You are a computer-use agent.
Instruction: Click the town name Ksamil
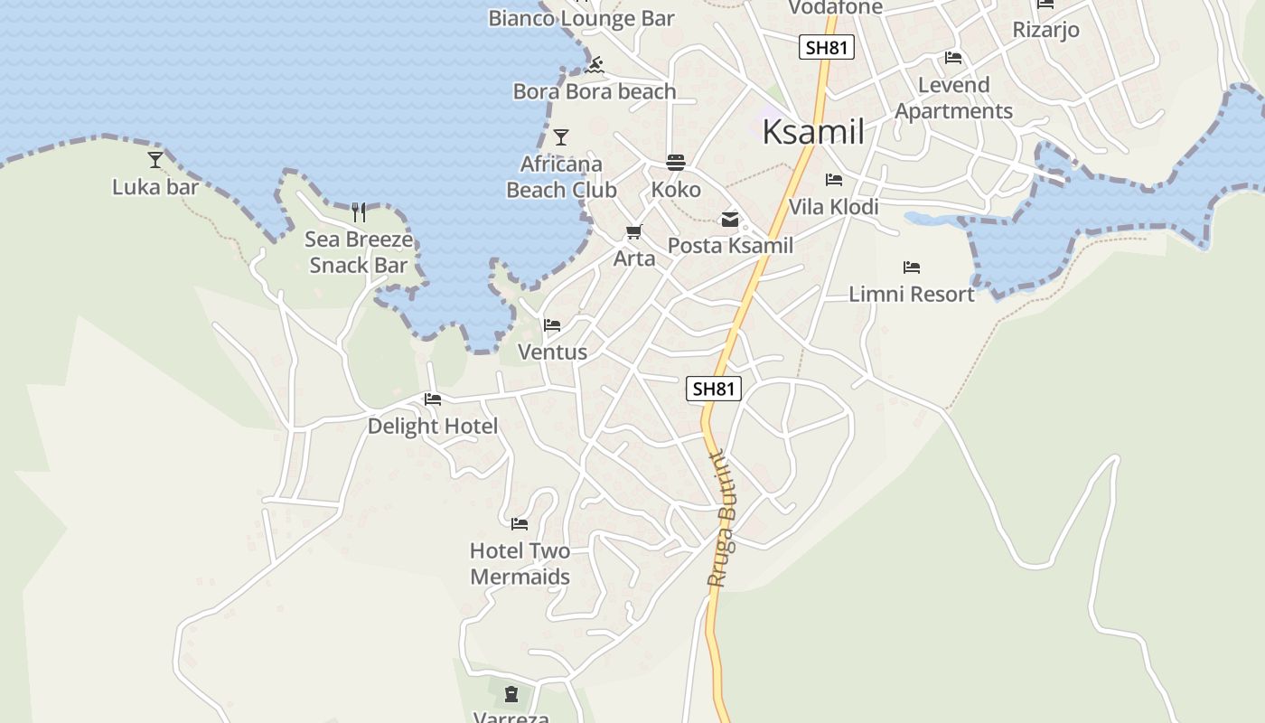point(813,132)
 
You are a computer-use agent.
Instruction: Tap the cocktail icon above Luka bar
point(155,160)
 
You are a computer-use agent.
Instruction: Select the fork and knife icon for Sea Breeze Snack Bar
point(359,212)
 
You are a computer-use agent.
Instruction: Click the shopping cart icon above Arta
point(633,232)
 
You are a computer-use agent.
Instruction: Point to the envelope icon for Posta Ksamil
point(729,220)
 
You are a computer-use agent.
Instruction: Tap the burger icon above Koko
point(676,163)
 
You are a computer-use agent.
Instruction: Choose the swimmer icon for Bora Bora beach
point(594,65)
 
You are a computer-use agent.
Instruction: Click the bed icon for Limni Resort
point(911,268)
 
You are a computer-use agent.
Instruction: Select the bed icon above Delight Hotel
point(432,399)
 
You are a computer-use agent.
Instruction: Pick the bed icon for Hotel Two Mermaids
point(519,524)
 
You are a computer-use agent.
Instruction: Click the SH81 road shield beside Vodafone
point(827,48)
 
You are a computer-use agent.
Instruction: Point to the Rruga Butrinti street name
point(723,519)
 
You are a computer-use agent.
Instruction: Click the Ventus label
point(552,352)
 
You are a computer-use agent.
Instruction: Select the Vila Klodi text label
point(833,207)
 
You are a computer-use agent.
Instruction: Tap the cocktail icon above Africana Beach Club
point(561,137)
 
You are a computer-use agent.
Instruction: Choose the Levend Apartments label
point(953,98)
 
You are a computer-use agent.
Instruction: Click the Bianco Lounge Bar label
point(581,18)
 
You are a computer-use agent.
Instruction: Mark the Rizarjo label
point(1045,30)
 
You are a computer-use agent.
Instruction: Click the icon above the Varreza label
point(511,694)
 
